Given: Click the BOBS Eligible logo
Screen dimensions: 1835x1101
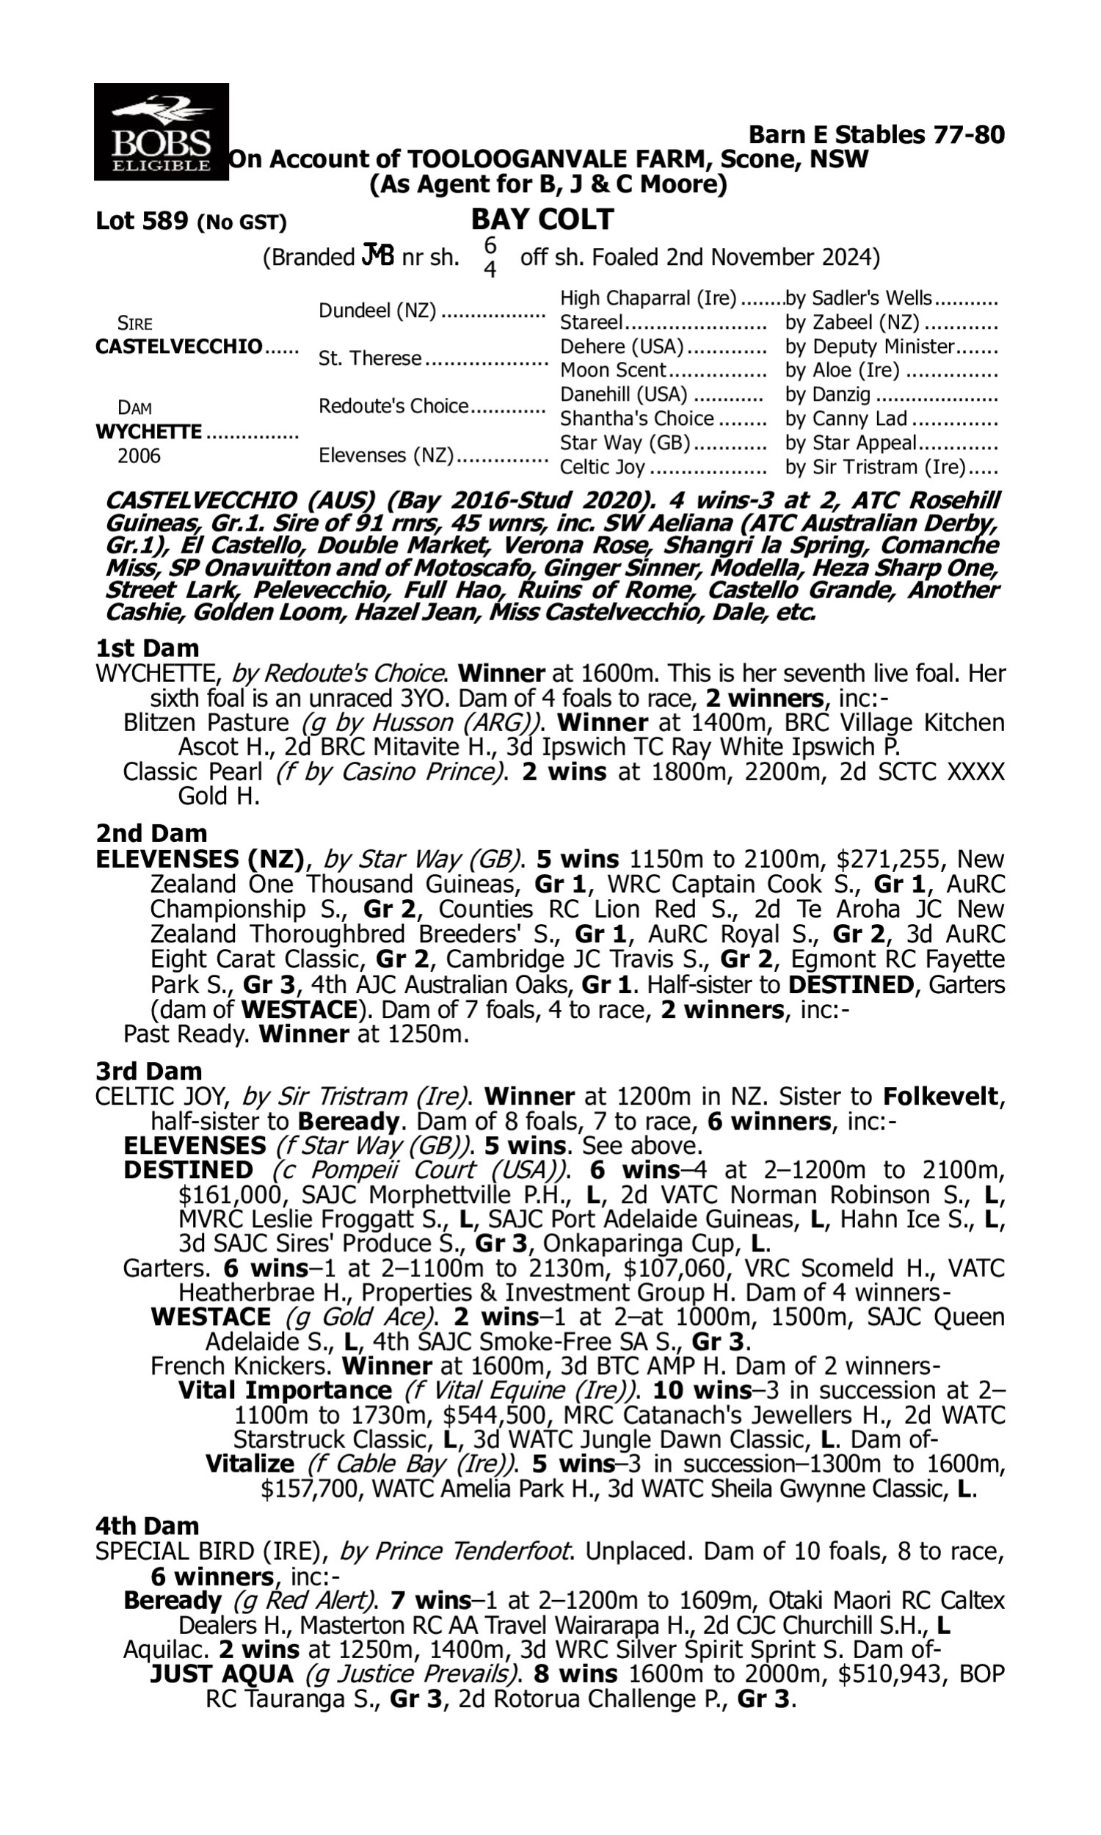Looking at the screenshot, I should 161,131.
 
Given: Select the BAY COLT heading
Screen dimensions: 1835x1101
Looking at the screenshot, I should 542,219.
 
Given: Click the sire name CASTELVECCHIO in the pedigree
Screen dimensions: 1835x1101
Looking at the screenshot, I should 179,346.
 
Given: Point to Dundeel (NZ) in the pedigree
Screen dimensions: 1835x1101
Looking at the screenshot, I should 377,310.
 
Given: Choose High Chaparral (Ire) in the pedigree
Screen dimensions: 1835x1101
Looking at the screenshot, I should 647,298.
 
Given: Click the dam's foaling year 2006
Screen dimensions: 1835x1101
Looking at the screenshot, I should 139,455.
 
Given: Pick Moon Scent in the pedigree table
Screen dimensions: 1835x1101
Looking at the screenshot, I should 613,370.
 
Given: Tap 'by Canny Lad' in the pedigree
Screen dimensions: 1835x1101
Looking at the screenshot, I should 846,418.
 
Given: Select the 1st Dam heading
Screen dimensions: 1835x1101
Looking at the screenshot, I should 148,648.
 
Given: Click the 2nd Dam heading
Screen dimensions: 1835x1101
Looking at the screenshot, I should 151,833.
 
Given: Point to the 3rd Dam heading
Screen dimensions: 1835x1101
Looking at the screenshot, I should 148,1071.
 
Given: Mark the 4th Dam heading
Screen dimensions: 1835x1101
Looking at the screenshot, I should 148,1526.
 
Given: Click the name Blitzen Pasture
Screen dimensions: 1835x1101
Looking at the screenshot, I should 206,722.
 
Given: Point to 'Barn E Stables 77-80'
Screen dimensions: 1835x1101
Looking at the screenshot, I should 876,134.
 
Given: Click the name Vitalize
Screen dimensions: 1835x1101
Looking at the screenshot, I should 250,1464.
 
